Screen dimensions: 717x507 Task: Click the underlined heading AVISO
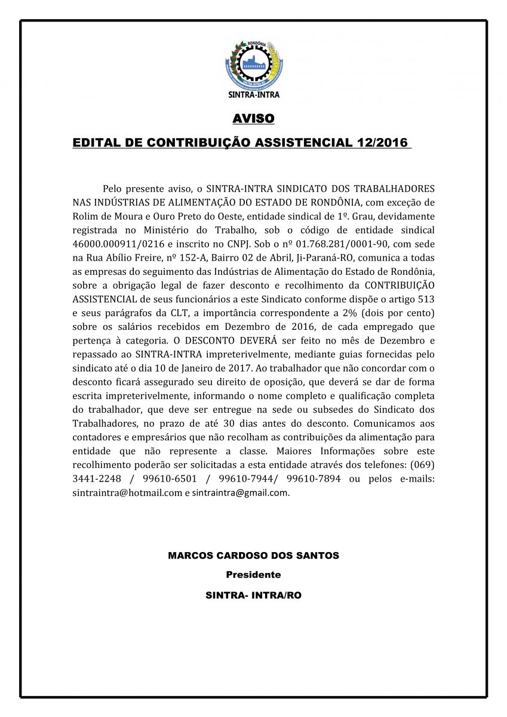coord(253,119)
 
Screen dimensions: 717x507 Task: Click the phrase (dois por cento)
coord(396,313)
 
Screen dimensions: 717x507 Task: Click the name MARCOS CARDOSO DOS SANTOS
coord(253,556)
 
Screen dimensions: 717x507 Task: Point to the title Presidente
coord(253,575)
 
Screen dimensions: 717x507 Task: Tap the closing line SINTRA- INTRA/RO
coord(253,596)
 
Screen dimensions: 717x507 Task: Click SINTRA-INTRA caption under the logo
coord(254,94)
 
